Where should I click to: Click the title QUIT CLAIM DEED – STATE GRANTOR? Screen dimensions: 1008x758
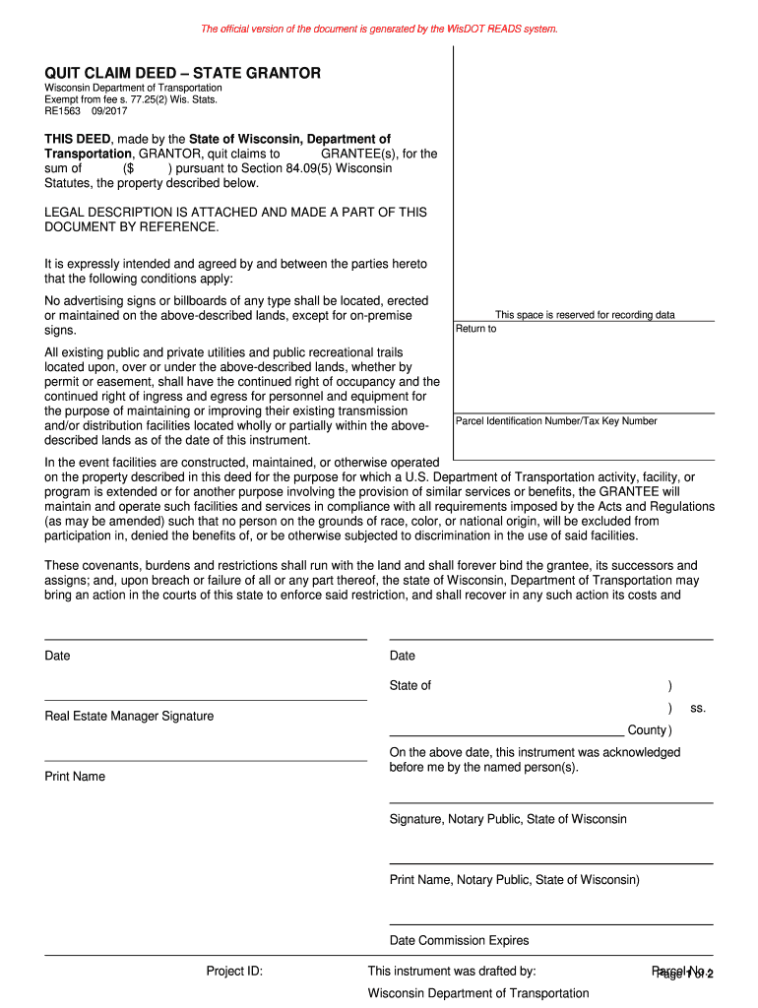click(182, 74)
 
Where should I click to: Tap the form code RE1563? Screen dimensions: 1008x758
click(62, 111)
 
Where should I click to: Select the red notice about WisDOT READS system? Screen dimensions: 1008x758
click(379, 29)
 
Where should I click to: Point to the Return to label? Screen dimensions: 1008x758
click(475, 329)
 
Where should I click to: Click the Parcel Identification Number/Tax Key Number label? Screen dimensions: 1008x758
click(556, 421)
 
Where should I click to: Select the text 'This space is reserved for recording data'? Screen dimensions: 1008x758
click(584, 315)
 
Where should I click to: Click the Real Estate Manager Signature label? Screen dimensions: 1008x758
click(129, 716)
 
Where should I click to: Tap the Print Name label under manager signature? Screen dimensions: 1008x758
click(75, 777)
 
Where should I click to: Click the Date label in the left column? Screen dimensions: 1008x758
click(58, 656)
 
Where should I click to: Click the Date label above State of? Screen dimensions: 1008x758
click(403, 656)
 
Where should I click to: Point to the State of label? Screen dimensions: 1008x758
click(411, 686)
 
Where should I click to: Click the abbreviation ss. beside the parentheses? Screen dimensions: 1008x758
click(697, 708)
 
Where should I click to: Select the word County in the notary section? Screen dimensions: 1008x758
click(647, 730)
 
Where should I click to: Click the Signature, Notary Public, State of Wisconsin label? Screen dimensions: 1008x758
click(508, 819)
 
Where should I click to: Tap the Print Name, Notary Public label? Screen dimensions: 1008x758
click(514, 880)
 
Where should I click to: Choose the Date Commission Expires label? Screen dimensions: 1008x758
click(459, 940)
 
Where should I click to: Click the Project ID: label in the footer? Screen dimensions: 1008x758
click(234, 972)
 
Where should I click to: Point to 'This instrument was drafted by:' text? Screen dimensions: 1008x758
click(451, 972)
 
